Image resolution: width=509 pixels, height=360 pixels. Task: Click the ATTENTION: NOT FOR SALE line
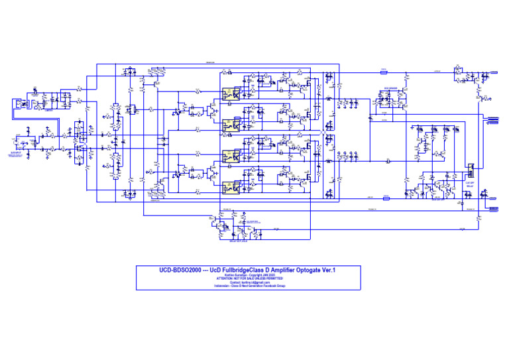[249, 278]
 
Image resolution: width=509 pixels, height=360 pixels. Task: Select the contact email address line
[249, 282]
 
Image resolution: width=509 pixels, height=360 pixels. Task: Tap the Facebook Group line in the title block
[249, 286]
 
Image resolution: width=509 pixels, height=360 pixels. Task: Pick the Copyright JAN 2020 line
[249, 275]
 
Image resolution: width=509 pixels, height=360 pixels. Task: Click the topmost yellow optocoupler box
[230, 93]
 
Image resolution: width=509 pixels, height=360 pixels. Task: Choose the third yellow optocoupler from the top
[230, 156]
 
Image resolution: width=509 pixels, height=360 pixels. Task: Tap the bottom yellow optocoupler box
[230, 186]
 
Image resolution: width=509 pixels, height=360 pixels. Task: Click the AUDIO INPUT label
[17, 140]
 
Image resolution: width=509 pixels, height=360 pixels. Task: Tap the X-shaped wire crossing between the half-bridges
[323, 134]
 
